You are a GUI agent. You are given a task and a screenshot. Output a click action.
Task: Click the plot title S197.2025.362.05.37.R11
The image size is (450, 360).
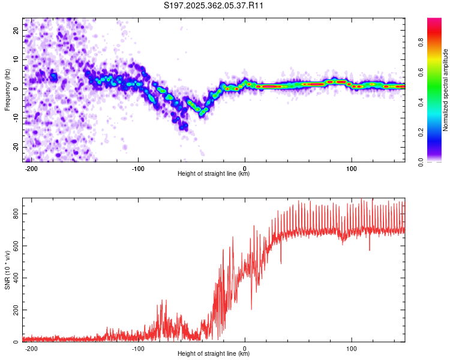[213, 5]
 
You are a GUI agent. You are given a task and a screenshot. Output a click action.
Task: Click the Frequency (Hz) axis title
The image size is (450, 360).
[7, 90]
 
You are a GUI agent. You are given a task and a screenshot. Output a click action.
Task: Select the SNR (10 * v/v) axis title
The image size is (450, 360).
[7, 270]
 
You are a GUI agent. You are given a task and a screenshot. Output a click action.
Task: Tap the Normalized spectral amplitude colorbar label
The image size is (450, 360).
[445, 90]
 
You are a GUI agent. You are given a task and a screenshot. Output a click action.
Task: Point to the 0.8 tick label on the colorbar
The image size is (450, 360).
[421, 43]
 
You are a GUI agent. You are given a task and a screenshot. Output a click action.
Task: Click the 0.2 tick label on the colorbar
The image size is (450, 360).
[421, 133]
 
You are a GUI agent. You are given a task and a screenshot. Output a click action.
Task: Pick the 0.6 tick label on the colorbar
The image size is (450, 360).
[421, 73]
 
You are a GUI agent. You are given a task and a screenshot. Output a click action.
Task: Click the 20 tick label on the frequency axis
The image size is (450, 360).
[16, 30]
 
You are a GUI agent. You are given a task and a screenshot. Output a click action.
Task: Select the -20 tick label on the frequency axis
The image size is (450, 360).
[16, 148]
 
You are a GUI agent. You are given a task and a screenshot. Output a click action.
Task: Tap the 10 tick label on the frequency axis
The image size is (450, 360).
[16, 59]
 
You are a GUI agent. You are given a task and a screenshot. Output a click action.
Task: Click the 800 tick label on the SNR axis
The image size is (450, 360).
[16, 214]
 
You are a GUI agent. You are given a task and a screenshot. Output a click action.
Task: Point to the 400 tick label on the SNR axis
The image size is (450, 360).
[16, 278]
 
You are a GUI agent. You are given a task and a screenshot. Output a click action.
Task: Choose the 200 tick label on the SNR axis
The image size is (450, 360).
[16, 310]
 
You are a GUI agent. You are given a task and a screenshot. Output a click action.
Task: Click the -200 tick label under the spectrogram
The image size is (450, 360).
[31, 169]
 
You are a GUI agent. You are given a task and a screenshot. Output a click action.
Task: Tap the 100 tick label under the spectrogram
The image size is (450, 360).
[351, 169]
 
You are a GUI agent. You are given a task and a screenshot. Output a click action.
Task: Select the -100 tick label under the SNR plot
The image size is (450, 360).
[138, 349]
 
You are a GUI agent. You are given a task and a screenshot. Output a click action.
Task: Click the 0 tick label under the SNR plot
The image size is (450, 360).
[245, 349]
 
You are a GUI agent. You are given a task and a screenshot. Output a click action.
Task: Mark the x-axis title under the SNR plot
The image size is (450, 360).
[214, 353]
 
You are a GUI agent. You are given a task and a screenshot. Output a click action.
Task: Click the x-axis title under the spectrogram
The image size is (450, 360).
[214, 173]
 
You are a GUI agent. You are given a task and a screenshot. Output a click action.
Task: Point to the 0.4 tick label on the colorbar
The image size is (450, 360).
[421, 102]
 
